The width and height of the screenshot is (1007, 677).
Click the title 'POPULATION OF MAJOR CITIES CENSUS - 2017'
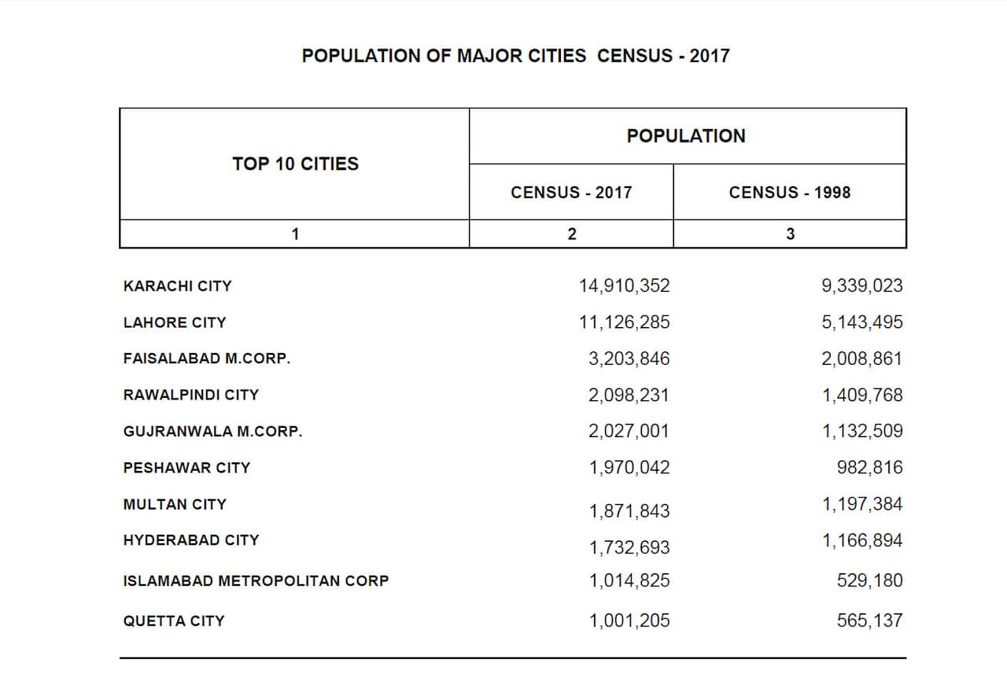515,56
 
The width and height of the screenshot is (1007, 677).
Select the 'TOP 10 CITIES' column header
295,164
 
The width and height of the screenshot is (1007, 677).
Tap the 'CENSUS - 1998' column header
789,193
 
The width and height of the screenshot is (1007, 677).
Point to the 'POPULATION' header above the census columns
686,136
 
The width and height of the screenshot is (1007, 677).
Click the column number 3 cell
790,234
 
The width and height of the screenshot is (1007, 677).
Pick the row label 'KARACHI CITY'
178,286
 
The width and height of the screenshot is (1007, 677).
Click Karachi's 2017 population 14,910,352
625,286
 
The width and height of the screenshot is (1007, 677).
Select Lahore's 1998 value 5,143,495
862,322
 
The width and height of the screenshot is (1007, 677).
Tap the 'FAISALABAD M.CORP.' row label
207,359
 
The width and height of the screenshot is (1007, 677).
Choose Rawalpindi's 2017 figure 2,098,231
629,395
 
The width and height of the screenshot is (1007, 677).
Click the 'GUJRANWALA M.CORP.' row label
212,431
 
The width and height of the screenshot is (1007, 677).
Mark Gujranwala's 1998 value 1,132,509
862,431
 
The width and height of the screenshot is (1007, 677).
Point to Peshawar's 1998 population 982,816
869,468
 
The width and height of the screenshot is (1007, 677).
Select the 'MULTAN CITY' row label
175,504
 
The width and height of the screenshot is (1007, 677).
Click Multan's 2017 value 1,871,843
629,511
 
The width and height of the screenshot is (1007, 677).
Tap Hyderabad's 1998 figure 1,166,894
862,540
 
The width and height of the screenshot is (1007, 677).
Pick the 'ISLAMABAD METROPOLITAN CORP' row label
256,581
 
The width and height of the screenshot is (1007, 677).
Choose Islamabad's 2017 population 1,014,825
629,581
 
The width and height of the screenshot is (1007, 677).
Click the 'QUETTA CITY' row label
174,621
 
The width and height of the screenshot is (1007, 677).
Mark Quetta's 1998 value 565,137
869,621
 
